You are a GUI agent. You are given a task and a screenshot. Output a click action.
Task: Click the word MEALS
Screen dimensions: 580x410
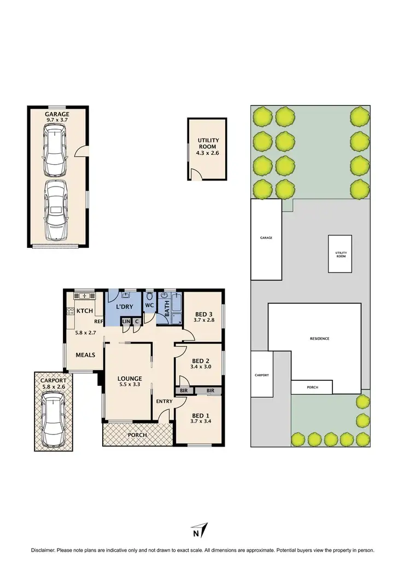point(85,355)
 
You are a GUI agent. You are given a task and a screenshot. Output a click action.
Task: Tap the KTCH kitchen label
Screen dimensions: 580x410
point(85,311)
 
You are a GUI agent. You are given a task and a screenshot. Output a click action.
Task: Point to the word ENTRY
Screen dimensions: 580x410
point(165,401)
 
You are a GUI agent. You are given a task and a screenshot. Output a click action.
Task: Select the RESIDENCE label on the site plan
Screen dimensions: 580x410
point(319,339)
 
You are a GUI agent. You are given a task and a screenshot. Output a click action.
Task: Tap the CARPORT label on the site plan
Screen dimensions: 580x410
point(262,375)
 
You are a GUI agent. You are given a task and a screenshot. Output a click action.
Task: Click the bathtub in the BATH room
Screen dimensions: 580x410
point(175,310)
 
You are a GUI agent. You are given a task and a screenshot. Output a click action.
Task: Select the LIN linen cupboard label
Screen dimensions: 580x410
point(126,321)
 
